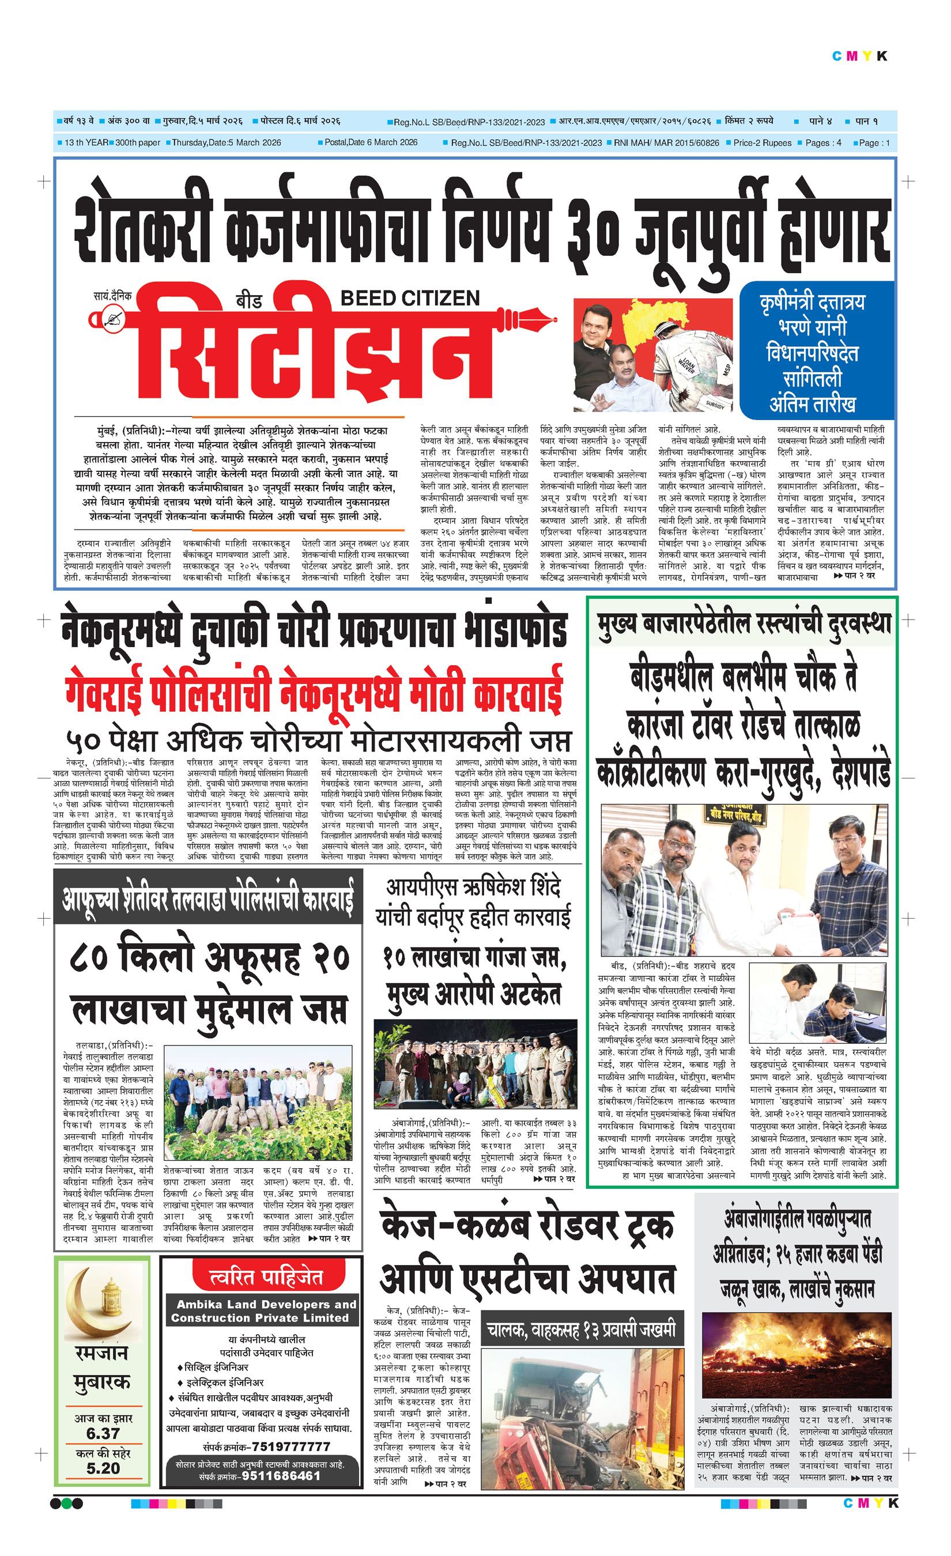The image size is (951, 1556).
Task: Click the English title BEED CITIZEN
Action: (410, 298)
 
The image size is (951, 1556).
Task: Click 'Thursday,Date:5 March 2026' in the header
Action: (226, 143)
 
